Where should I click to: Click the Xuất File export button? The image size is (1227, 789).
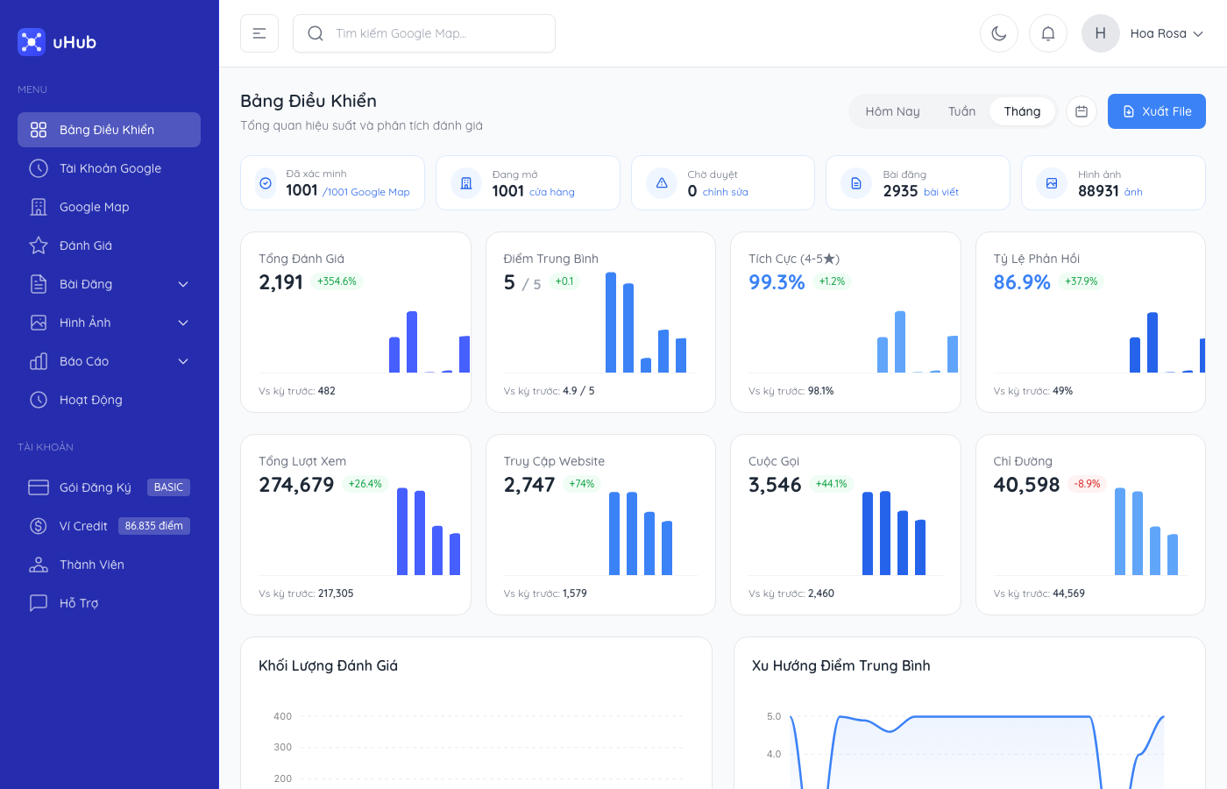(1156, 111)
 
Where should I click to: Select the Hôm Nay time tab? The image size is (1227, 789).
(892, 111)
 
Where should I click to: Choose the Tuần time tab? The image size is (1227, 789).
(961, 111)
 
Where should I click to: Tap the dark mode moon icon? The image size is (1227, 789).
(998, 33)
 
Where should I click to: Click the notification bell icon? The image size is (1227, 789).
(1047, 33)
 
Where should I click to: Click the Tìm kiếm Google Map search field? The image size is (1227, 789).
(424, 33)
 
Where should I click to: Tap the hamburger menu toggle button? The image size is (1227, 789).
(259, 33)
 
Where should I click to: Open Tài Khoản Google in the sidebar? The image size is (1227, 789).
(110, 168)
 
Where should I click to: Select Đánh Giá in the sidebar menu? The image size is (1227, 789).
(86, 245)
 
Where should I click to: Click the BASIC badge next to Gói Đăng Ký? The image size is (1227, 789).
(168, 487)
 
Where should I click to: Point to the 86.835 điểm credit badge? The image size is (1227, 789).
(153, 526)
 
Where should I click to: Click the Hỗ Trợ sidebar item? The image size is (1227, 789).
(79, 603)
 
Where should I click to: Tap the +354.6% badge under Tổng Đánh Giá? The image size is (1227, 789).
(337, 281)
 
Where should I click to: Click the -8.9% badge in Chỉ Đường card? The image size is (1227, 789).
(1087, 484)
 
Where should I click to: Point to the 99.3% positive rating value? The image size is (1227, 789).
(777, 282)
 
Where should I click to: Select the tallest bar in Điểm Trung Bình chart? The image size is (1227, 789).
(611, 323)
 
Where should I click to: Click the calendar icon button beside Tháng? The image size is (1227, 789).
(1082, 111)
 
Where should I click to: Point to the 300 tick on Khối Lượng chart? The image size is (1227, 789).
(282, 747)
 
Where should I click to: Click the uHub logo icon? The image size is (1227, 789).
(32, 42)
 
